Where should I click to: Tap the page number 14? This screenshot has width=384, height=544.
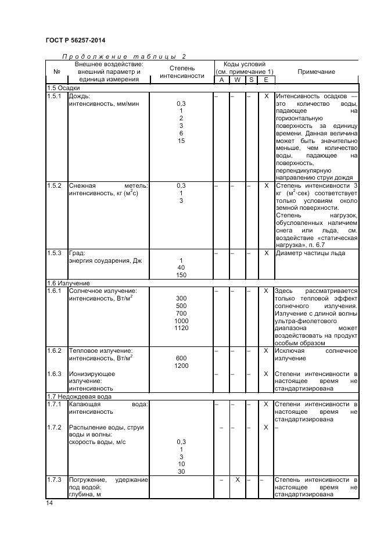[x=49, y=503]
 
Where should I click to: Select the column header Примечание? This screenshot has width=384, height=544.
[x=316, y=71]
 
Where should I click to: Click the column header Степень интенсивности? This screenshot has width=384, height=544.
[x=182, y=71]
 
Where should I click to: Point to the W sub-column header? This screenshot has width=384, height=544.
[x=238, y=80]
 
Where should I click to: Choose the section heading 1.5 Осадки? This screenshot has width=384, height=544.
[x=64, y=88]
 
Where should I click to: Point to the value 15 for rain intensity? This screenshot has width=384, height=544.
[x=181, y=141]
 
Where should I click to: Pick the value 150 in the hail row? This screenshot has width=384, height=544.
[x=181, y=275]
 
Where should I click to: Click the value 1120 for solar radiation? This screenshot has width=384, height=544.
[x=181, y=328]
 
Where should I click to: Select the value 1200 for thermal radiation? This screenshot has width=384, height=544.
[x=181, y=366]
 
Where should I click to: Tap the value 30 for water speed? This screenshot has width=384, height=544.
[x=181, y=471]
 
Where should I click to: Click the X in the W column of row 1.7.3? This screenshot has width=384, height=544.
[x=238, y=479]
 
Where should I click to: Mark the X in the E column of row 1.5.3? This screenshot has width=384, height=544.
[x=266, y=253]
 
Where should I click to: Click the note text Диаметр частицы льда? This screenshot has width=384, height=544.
[x=310, y=253]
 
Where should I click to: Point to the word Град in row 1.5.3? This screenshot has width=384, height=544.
[x=77, y=253]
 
